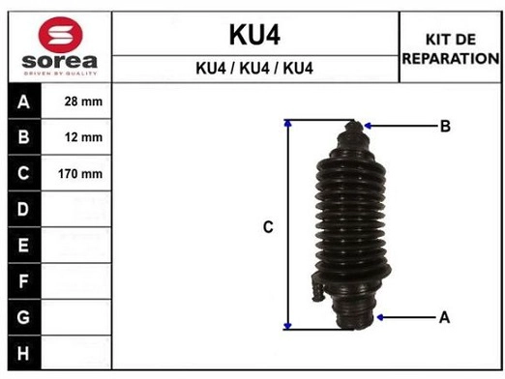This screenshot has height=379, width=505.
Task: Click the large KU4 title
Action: point(253,35)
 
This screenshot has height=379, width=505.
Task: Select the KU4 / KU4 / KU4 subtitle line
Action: point(253,69)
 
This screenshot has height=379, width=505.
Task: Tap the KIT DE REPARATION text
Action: point(450,48)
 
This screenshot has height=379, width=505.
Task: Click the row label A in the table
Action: point(23,102)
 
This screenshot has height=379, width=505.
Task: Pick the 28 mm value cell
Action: point(82,102)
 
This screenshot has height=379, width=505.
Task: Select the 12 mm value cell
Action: point(82,137)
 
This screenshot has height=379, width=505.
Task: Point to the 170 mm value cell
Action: point(82,174)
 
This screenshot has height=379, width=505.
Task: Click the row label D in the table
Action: point(23,210)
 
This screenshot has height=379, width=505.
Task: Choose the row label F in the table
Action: point(23,281)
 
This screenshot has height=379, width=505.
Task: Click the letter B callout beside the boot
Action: point(445,126)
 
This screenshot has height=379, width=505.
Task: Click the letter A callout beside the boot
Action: point(445,316)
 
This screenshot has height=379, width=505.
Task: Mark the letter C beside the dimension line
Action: point(269,227)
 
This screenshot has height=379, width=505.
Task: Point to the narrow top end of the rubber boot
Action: point(355,128)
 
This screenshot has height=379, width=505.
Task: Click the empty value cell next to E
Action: point(82,246)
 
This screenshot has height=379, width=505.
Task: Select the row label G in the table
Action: point(23,317)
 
